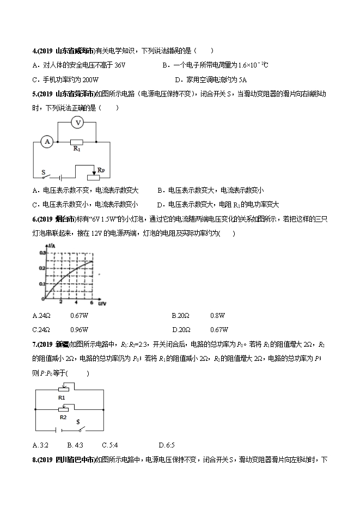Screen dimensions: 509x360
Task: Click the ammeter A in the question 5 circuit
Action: point(47,142)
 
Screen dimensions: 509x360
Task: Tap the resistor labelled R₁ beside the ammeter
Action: point(77,142)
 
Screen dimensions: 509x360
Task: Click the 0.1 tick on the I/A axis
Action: point(43,284)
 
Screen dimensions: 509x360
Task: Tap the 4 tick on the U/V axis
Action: point(77,302)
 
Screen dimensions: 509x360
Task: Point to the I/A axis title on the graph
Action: point(52,247)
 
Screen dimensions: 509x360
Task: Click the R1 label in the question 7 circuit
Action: point(62,397)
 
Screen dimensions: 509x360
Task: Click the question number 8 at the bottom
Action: point(35,460)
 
